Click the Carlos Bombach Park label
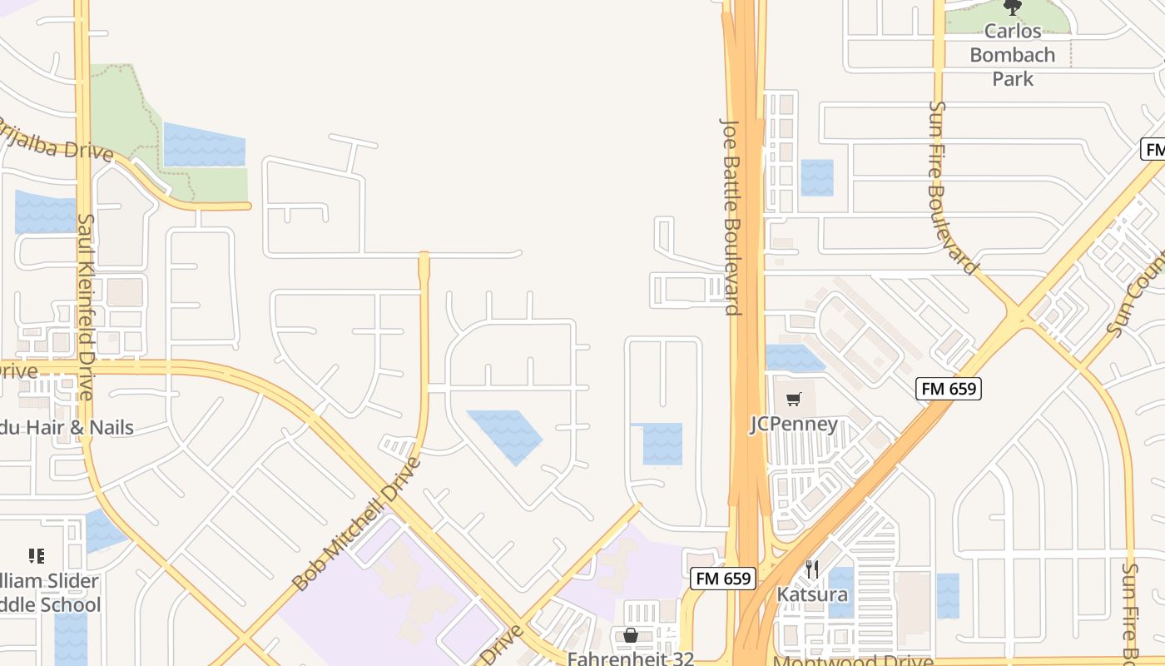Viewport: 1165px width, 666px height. tap(1012, 55)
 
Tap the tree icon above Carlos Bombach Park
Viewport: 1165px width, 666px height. tap(1012, 7)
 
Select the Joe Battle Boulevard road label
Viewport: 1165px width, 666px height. tap(730, 216)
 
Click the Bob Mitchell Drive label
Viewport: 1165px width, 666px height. tap(358, 524)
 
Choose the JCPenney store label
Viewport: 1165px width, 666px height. tap(794, 424)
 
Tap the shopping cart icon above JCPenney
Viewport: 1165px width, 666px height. tap(794, 400)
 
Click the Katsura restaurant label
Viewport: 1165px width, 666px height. tap(812, 594)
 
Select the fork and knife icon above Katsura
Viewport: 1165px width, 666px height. tap(812, 569)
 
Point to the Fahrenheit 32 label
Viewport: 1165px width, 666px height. tap(631, 658)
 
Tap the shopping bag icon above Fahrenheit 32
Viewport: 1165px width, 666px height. tap(631, 635)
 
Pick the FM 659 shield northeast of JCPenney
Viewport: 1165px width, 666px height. tap(949, 388)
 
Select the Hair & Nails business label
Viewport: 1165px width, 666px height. tap(67, 428)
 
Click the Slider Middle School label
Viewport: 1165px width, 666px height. tap(50, 593)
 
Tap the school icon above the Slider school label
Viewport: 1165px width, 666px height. tap(36, 555)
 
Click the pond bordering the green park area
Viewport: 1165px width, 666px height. tap(205, 146)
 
